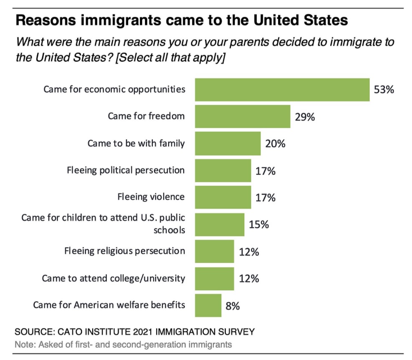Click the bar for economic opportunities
[x=282, y=90]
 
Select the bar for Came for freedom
[x=243, y=116]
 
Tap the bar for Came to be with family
[x=227, y=143]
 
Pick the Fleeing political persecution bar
[x=223, y=170]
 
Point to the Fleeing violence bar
[x=223, y=197]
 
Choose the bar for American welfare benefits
[x=208, y=305]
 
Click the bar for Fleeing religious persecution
[x=215, y=251]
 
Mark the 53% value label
[x=384, y=90]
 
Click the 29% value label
[x=304, y=116]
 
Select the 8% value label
[x=233, y=306]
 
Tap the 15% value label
[x=258, y=224]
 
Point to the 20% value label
[x=275, y=143]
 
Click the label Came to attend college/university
[x=114, y=278]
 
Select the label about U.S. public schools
[x=103, y=224]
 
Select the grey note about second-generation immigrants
[x=124, y=345]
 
